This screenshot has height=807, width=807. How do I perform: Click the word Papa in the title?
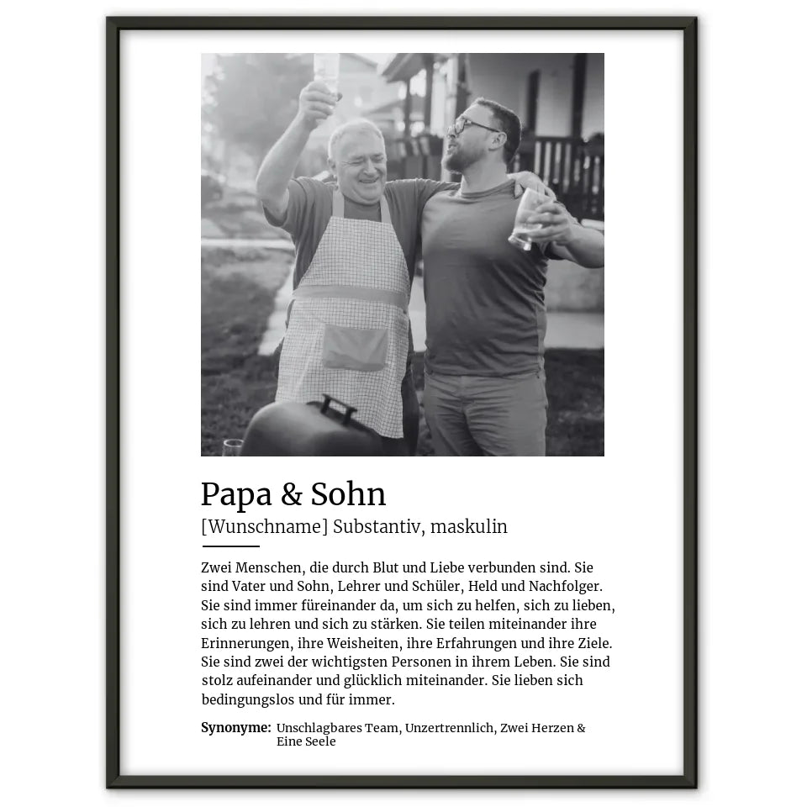pos(236,495)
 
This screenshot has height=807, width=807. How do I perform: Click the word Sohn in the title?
pos(348,494)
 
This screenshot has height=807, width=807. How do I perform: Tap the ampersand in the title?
pos(292,495)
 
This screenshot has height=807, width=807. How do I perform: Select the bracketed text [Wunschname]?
pos(264,527)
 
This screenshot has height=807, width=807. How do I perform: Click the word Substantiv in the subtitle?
pos(377,527)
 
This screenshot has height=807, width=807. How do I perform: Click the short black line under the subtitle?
pos(230,546)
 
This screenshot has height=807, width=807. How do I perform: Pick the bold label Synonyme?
pos(235,728)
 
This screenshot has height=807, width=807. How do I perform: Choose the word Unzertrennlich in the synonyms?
pos(450,728)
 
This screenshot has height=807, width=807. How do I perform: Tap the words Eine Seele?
pos(306,741)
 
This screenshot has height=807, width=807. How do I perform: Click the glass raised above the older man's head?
pos(326,71)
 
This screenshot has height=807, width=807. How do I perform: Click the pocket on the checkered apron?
pos(355,347)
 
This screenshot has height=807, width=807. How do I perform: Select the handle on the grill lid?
pos(337,408)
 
